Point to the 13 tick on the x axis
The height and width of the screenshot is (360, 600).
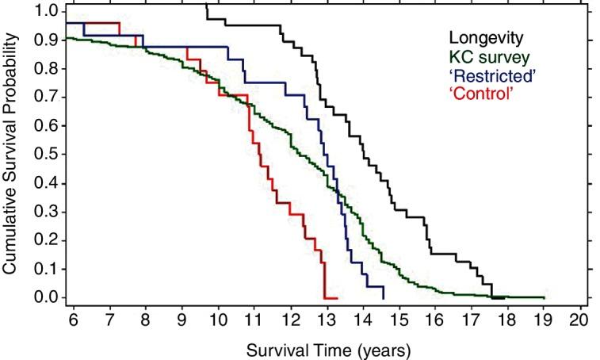pyautogui.click(x=327, y=322)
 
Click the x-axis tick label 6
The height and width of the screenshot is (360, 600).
pyautogui.click(x=72, y=322)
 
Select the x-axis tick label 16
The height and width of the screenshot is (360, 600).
pyautogui.click(x=436, y=322)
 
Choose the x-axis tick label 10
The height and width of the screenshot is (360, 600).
pyautogui.click(x=218, y=322)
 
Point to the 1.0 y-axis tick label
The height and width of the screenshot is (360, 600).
pyautogui.click(x=46, y=11)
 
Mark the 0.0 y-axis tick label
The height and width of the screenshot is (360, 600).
pyautogui.click(x=46, y=297)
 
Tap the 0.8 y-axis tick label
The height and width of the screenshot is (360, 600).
pyautogui.click(x=46, y=68)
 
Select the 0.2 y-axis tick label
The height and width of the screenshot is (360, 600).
pyautogui.click(x=46, y=240)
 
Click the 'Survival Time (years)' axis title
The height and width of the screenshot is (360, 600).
pyautogui.click(x=328, y=349)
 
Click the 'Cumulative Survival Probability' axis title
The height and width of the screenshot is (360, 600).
pyautogui.click(x=10, y=155)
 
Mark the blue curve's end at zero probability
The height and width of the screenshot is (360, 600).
pyautogui.click(x=384, y=297)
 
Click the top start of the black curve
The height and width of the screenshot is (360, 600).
pyautogui.click(x=205, y=5)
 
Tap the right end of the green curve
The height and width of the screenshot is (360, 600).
pyautogui.click(x=545, y=297)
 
